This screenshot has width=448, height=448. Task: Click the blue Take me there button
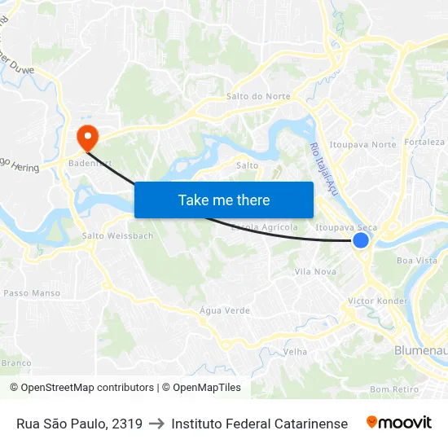tap(223, 200)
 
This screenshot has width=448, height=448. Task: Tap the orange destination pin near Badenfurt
tap(85, 136)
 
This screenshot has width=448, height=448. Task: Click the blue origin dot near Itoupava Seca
tap(361, 240)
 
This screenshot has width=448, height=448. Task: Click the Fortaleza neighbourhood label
tap(424, 142)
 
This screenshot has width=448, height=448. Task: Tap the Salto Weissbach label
tap(117, 236)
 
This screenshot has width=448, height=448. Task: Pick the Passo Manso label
tap(32, 293)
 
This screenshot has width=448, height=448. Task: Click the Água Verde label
tap(225, 310)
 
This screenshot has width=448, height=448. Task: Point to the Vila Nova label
tap(315, 271)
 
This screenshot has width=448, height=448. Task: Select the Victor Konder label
tap(377, 301)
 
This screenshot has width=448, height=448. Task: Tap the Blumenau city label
tap(419, 350)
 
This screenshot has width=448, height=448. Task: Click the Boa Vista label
tap(416, 261)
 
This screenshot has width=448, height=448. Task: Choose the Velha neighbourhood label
tap(295, 352)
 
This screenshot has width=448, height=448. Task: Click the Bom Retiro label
tap(393, 389)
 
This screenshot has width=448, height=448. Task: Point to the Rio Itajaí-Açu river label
tap(323, 168)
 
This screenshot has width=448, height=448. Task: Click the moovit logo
tap(398, 423)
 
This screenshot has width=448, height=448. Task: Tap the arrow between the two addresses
tap(156, 424)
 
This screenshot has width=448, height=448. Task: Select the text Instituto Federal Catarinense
tap(259, 424)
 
